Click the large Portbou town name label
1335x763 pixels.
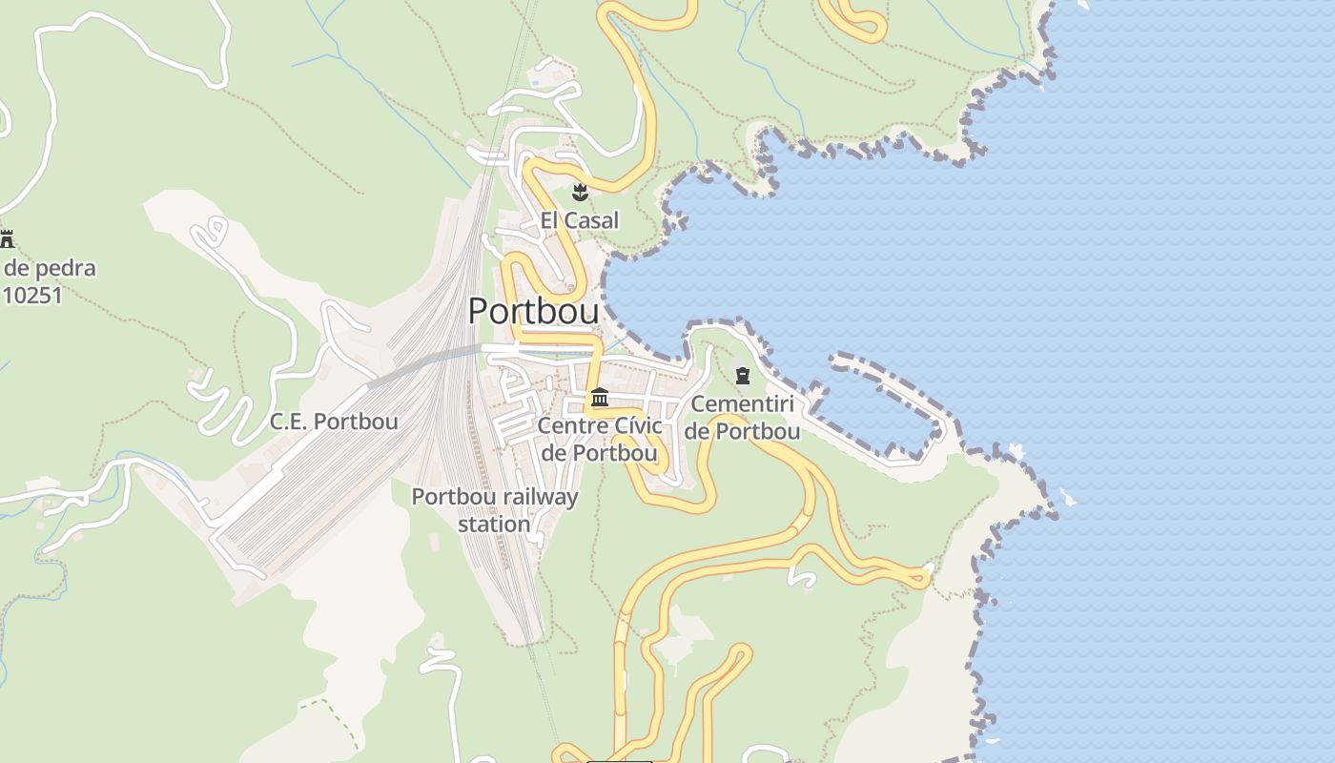coord(533,311)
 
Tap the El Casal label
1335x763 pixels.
coord(579,220)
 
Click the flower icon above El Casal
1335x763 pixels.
coord(579,193)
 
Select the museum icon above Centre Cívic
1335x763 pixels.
coord(600,397)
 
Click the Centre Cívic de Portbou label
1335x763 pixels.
coord(600,439)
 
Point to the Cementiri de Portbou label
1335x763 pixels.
coord(742,417)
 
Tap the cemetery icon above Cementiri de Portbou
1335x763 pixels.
coord(743,376)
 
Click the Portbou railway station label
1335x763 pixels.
coord(494,510)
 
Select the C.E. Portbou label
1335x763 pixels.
coord(334,421)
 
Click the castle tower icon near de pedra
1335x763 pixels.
coord(8,238)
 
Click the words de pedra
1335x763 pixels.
coord(50,268)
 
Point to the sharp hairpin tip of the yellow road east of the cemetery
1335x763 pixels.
coord(925,575)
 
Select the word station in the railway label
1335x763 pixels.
coord(494,525)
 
